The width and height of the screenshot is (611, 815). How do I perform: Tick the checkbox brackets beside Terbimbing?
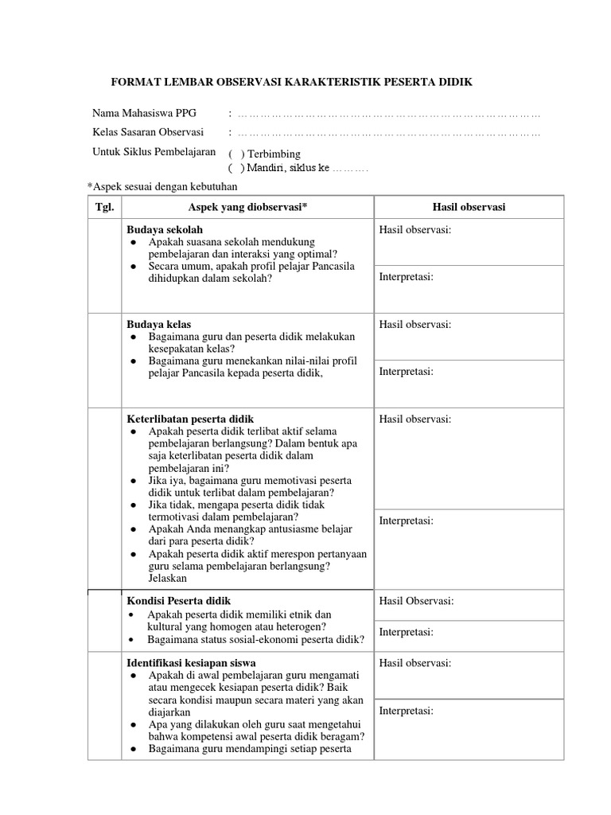[x=235, y=154]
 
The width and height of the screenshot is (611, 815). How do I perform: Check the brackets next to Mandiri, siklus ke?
[x=235, y=168]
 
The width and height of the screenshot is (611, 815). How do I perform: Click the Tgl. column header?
[x=104, y=207]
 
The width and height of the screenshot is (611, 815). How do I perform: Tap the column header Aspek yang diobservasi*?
[x=247, y=207]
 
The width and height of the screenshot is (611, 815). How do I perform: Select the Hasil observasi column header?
[x=469, y=207]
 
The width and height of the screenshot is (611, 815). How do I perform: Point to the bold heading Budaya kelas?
[x=158, y=325]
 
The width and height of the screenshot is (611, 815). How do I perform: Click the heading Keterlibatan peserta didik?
[x=191, y=419]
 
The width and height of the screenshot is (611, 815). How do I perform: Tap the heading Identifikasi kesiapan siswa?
[x=191, y=662]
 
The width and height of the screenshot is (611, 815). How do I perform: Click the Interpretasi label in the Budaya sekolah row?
[x=406, y=277]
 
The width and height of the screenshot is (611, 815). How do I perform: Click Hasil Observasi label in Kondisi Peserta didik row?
[x=416, y=601]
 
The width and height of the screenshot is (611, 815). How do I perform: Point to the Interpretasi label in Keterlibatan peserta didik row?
[x=406, y=521]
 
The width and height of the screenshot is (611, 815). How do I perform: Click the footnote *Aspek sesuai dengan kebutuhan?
[x=162, y=185]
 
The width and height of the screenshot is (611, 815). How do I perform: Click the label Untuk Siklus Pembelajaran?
[x=154, y=151]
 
